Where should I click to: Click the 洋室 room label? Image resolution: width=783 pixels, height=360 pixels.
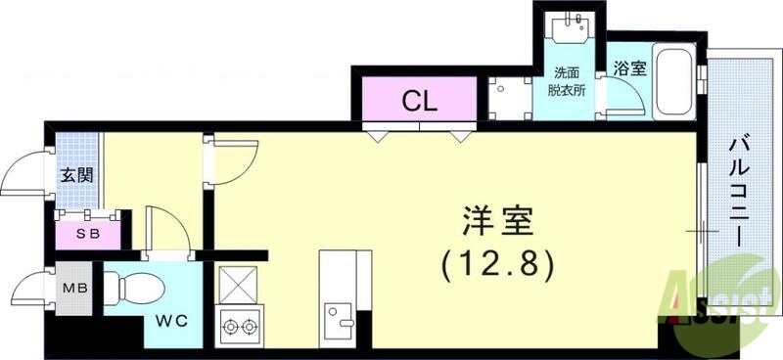(x=496, y=223)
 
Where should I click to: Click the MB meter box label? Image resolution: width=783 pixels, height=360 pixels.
(x=74, y=290)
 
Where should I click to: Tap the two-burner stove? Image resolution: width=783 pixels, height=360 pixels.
(x=239, y=324)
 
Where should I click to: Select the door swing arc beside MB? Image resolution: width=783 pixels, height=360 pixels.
(x=29, y=292)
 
